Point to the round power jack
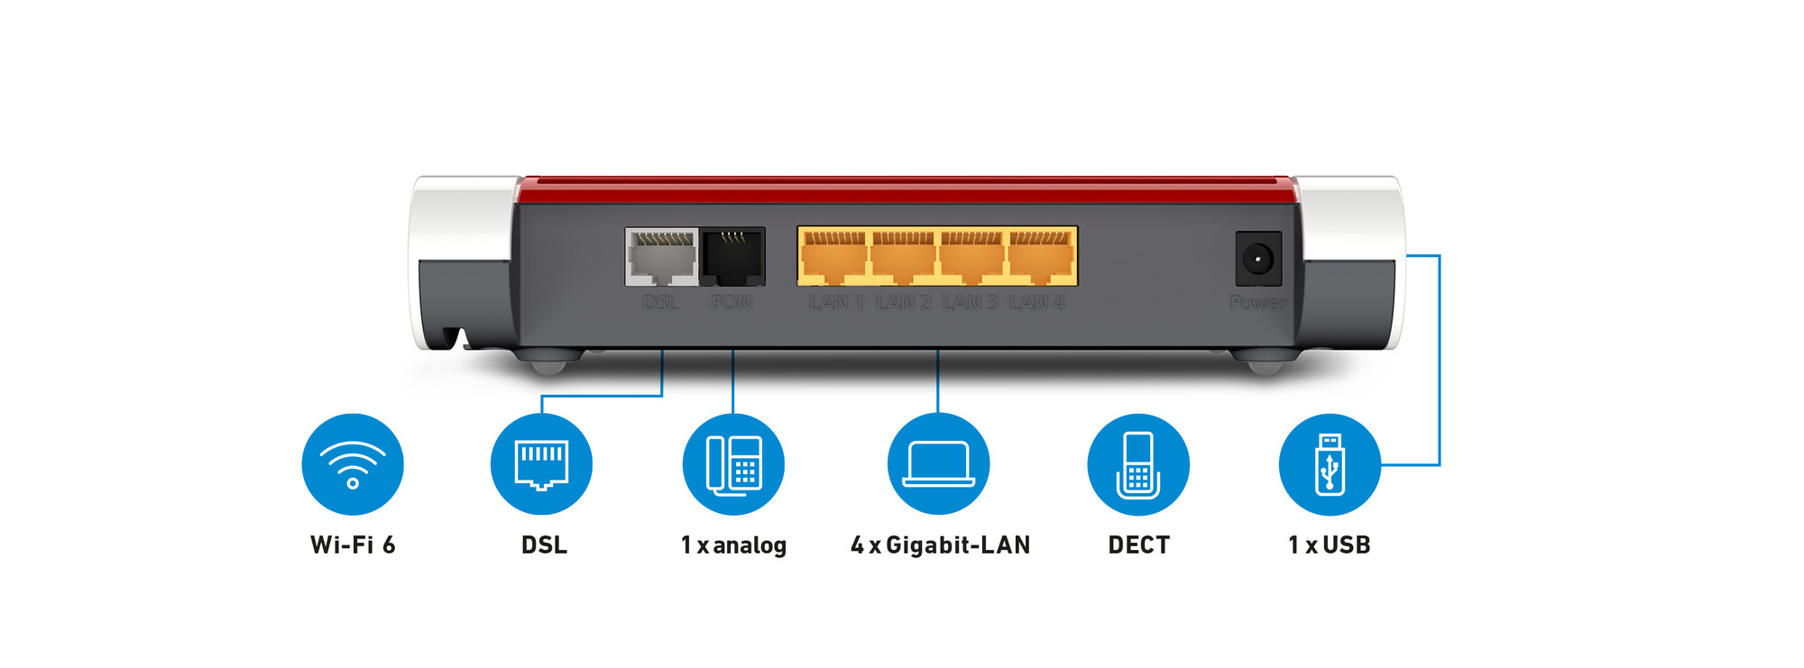pos(1258,260)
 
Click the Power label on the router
pos(1258,303)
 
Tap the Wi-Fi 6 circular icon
pos(353,464)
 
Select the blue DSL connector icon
pos(541,464)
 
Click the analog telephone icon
pos(733,464)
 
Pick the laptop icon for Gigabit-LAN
pos(938,464)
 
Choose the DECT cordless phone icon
pos(1138,464)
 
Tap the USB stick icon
pos(1330,464)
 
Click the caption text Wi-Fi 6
pos(353,544)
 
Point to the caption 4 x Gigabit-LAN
pos(940,544)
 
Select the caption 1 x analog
pos(733,544)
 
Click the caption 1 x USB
pos(1330,544)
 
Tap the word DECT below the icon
pos(1138,544)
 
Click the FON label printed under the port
pos(732,303)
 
